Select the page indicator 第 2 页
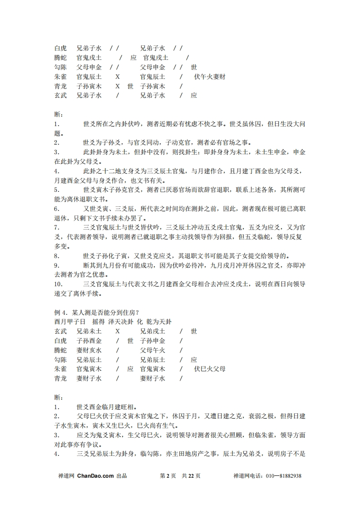click(168, 476)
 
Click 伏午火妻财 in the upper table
click(209, 77)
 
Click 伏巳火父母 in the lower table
click(209, 369)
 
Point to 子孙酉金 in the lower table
click(89, 341)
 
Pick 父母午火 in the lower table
click(153, 350)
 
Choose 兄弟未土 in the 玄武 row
click(89, 331)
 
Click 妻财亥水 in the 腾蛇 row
click(89, 350)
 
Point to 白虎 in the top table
click(60, 48)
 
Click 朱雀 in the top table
click(60, 77)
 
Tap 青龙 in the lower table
click(60, 378)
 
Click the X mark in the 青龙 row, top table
click(117, 86)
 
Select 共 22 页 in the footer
click(191, 476)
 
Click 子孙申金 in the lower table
click(153, 341)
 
